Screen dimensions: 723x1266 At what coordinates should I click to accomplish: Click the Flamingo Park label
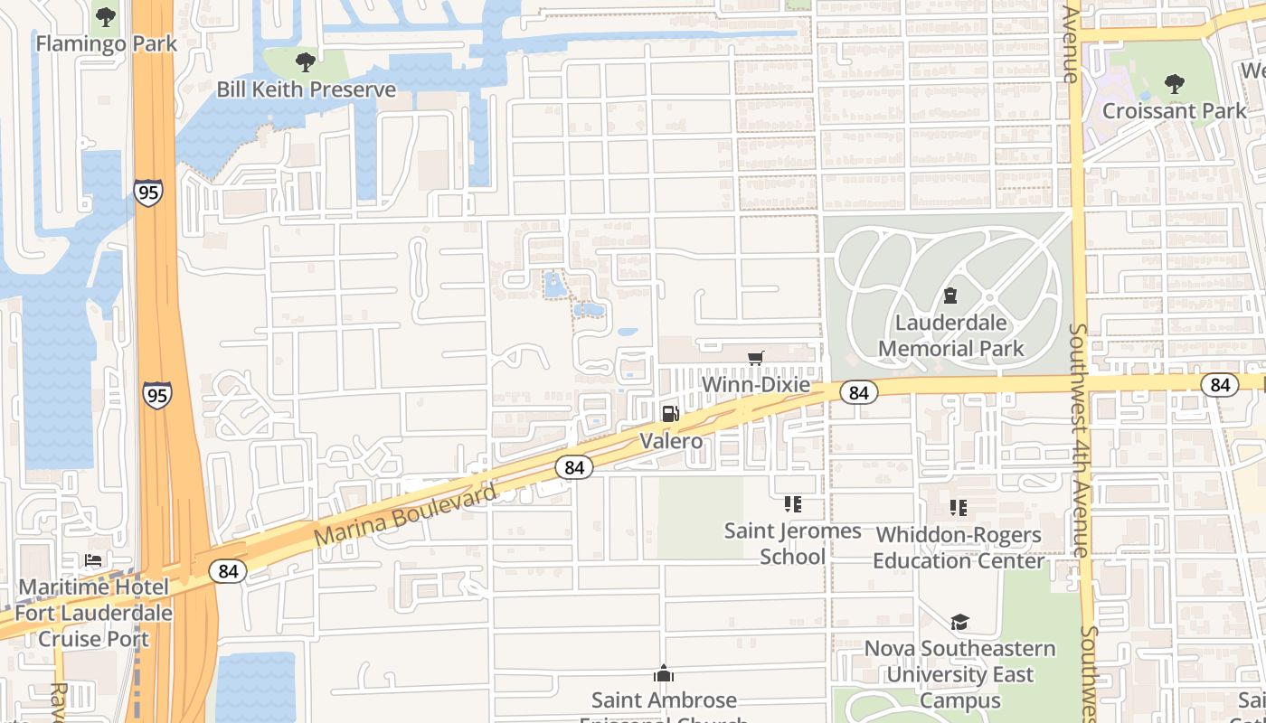pyautogui.click(x=106, y=43)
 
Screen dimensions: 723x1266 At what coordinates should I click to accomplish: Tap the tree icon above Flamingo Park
pyautogui.click(x=106, y=16)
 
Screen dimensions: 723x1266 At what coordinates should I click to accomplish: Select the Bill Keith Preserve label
pyautogui.click(x=306, y=89)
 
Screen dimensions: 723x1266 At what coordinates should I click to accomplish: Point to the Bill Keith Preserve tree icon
pyautogui.click(x=306, y=62)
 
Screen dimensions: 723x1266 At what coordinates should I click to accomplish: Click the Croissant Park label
pyautogui.click(x=1174, y=111)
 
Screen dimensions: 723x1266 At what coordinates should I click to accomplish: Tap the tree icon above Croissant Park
pyautogui.click(x=1174, y=84)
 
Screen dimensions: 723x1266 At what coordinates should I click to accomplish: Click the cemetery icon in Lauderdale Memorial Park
pyautogui.click(x=950, y=296)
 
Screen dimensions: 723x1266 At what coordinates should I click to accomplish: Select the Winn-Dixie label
pyautogui.click(x=756, y=385)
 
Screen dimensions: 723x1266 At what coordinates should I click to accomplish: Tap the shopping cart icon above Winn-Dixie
pyautogui.click(x=756, y=358)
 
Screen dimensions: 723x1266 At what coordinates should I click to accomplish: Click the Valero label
pyautogui.click(x=671, y=441)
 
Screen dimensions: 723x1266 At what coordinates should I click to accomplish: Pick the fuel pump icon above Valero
pyautogui.click(x=671, y=414)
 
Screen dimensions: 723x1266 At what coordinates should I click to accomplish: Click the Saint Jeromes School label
pyautogui.click(x=792, y=543)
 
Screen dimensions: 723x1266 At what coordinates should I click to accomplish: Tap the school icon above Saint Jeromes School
pyautogui.click(x=792, y=504)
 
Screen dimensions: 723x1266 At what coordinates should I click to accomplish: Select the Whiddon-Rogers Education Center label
pyautogui.click(x=959, y=548)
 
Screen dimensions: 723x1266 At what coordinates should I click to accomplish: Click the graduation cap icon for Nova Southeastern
pyautogui.click(x=959, y=622)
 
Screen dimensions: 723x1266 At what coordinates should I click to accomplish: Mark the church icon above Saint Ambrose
pyautogui.click(x=664, y=674)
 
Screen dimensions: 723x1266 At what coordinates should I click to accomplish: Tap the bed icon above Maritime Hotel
pyautogui.click(x=93, y=560)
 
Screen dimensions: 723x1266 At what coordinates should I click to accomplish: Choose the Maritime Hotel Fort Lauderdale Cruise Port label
pyautogui.click(x=93, y=613)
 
